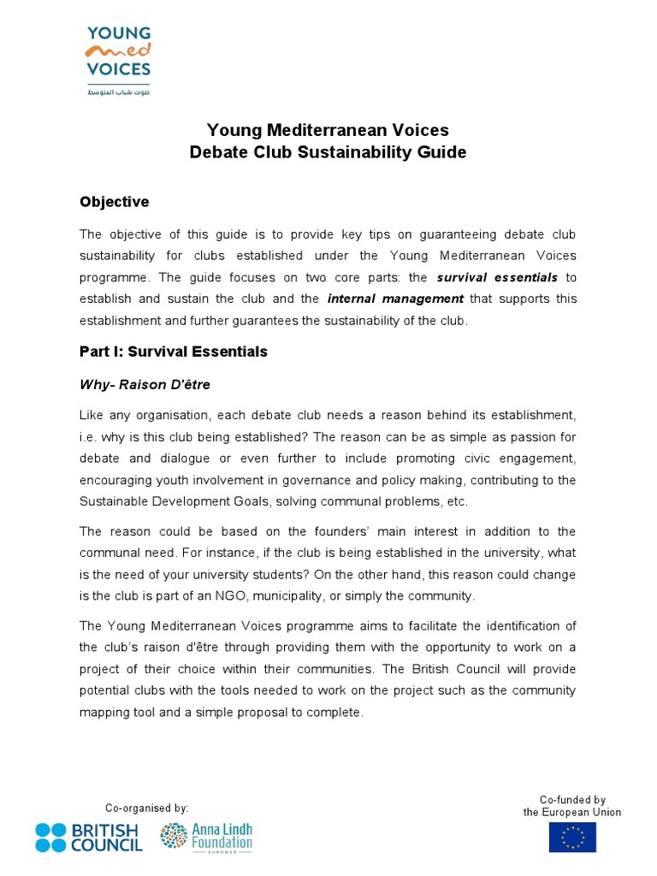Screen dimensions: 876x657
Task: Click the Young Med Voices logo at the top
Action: pyautogui.click(x=118, y=51)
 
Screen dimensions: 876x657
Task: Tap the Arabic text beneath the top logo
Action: pyautogui.click(x=118, y=92)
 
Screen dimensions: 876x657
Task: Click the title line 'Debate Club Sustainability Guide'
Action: pyautogui.click(x=328, y=152)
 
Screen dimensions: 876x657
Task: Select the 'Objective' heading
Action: pyautogui.click(x=114, y=202)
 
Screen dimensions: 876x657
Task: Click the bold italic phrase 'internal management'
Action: pyautogui.click(x=395, y=299)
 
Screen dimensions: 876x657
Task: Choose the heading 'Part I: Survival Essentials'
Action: pyautogui.click(x=174, y=352)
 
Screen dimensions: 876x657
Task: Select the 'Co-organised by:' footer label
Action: pyautogui.click(x=146, y=808)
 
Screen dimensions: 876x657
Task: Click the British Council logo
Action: pyautogui.click(x=89, y=837)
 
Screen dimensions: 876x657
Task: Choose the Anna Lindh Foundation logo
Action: pyautogui.click(x=206, y=837)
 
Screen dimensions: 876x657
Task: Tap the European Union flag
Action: pyautogui.click(x=572, y=837)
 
